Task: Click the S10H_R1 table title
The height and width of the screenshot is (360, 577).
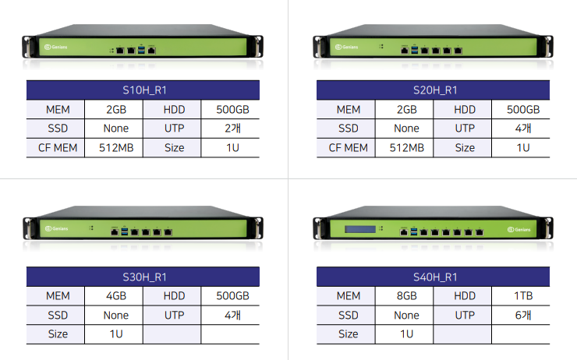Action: pyautogui.click(x=144, y=90)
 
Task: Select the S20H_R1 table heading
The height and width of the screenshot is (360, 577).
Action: pyautogui.click(x=434, y=90)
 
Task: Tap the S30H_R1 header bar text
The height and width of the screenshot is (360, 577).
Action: pyautogui.click(x=144, y=277)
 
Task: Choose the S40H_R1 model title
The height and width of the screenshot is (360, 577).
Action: pyautogui.click(x=434, y=277)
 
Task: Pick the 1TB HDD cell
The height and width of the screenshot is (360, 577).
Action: pyautogui.click(x=522, y=296)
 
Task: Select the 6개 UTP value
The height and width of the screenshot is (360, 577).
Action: pyautogui.click(x=522, y=316)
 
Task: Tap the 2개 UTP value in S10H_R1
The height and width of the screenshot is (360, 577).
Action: pyautogui.click(x=232, y=129)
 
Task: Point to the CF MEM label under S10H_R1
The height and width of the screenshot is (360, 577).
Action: pyautogui.click(x=57, y=147)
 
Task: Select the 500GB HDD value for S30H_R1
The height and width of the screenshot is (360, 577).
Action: pyautogui.click(x=232, y=296)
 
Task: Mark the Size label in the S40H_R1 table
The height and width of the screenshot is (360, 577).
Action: pyautogui.click(x=348, y=334)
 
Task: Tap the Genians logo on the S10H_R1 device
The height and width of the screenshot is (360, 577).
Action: pyautogui.click(x=55, y=48)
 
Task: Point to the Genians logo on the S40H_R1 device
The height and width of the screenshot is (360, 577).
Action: pyautogui.click(x=520, y=230)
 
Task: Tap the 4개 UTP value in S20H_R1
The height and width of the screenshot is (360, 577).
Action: pyautogui.click(x=522, y=129)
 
